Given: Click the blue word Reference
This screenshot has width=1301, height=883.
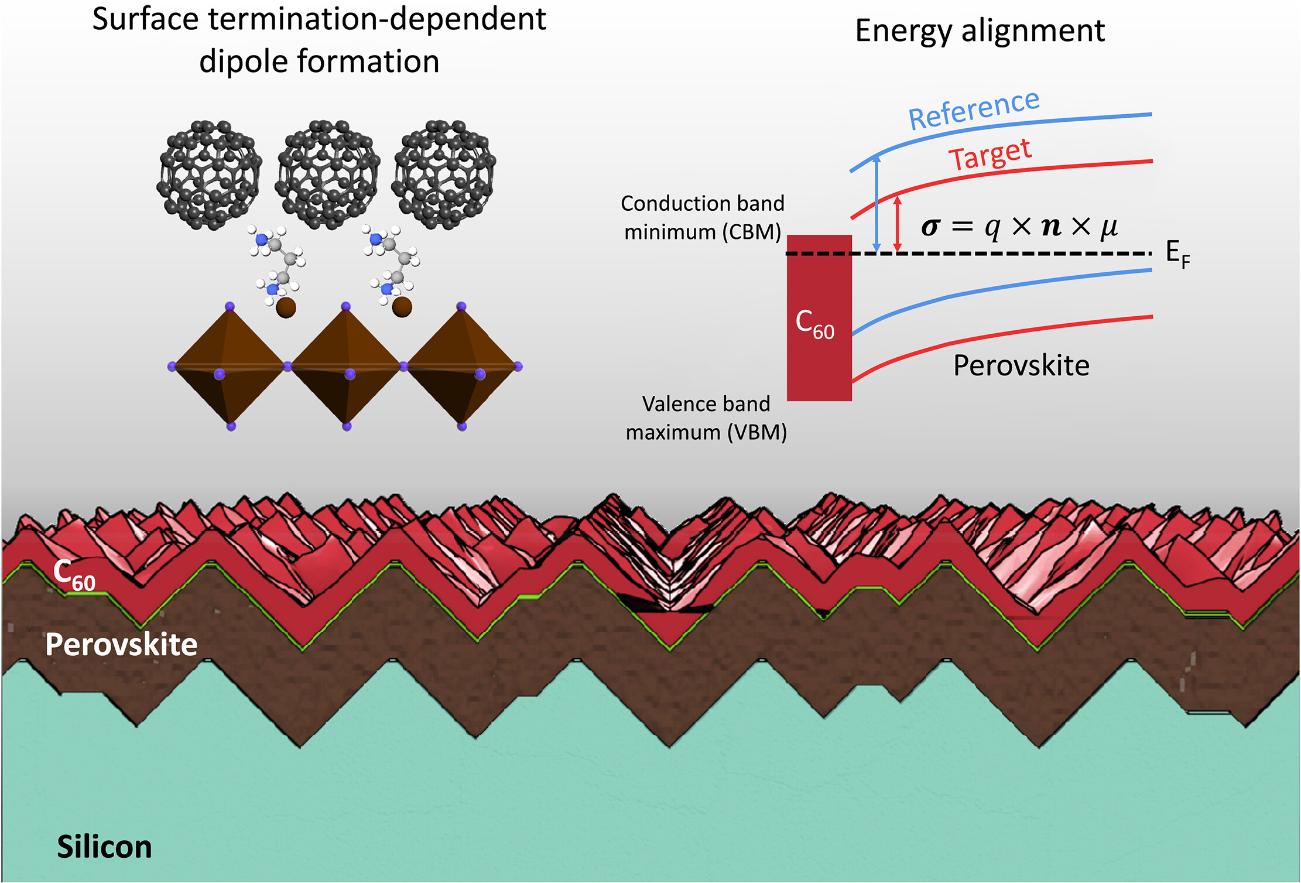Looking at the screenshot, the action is click(974, 109).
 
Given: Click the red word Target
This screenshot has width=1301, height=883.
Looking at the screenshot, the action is click(990, 155).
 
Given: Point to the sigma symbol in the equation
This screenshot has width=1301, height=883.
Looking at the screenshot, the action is click(930, 227).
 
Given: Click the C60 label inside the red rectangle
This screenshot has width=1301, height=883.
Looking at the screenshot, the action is click(814, 324).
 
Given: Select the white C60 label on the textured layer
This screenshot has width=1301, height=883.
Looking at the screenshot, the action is click(74, 574).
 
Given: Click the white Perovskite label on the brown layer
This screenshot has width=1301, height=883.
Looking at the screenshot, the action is click(121, 645).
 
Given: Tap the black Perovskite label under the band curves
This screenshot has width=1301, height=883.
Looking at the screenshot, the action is click(1021, 365).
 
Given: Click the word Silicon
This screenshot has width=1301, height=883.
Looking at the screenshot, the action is click(104, 847).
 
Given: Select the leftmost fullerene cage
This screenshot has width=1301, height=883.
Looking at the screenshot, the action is click(208, 174).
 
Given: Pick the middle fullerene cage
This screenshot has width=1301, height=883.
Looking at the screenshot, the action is click(327, 174).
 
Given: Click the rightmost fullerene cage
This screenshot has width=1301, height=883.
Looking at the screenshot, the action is click(443, 174).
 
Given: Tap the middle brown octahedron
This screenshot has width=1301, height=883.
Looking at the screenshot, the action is click(346, 367).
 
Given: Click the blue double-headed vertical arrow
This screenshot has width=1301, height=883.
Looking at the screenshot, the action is click(877, 203).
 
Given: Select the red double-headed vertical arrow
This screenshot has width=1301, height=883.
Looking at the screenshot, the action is click(897, 224).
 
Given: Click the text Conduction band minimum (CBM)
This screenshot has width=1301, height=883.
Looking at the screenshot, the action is click(702, 218).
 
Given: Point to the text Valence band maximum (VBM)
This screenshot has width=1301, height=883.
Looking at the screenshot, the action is click(706, 418).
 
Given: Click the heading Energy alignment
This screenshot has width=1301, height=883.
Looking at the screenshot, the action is click(980, 30).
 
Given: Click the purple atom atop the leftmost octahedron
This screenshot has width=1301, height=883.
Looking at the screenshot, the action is click(230, 306).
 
